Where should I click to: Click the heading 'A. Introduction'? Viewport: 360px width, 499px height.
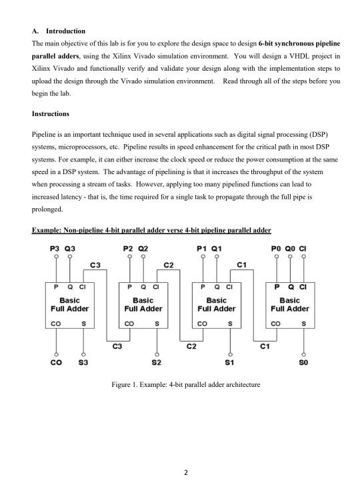click(59, 31)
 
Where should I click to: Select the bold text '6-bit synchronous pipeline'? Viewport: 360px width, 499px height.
click(299, 43)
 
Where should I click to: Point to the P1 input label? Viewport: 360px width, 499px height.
click(203, 247)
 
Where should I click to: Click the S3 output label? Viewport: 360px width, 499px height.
click(83, 363)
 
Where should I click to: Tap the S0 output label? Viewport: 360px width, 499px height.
click(303, 363)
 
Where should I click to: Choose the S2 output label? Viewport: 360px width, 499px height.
click(157, 363)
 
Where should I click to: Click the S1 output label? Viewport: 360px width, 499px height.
click(230, 363)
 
